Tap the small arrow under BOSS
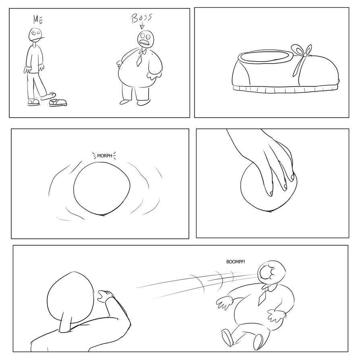coord(142,26)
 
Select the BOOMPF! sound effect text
coord(235,262)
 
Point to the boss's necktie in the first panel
coord(139,59)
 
